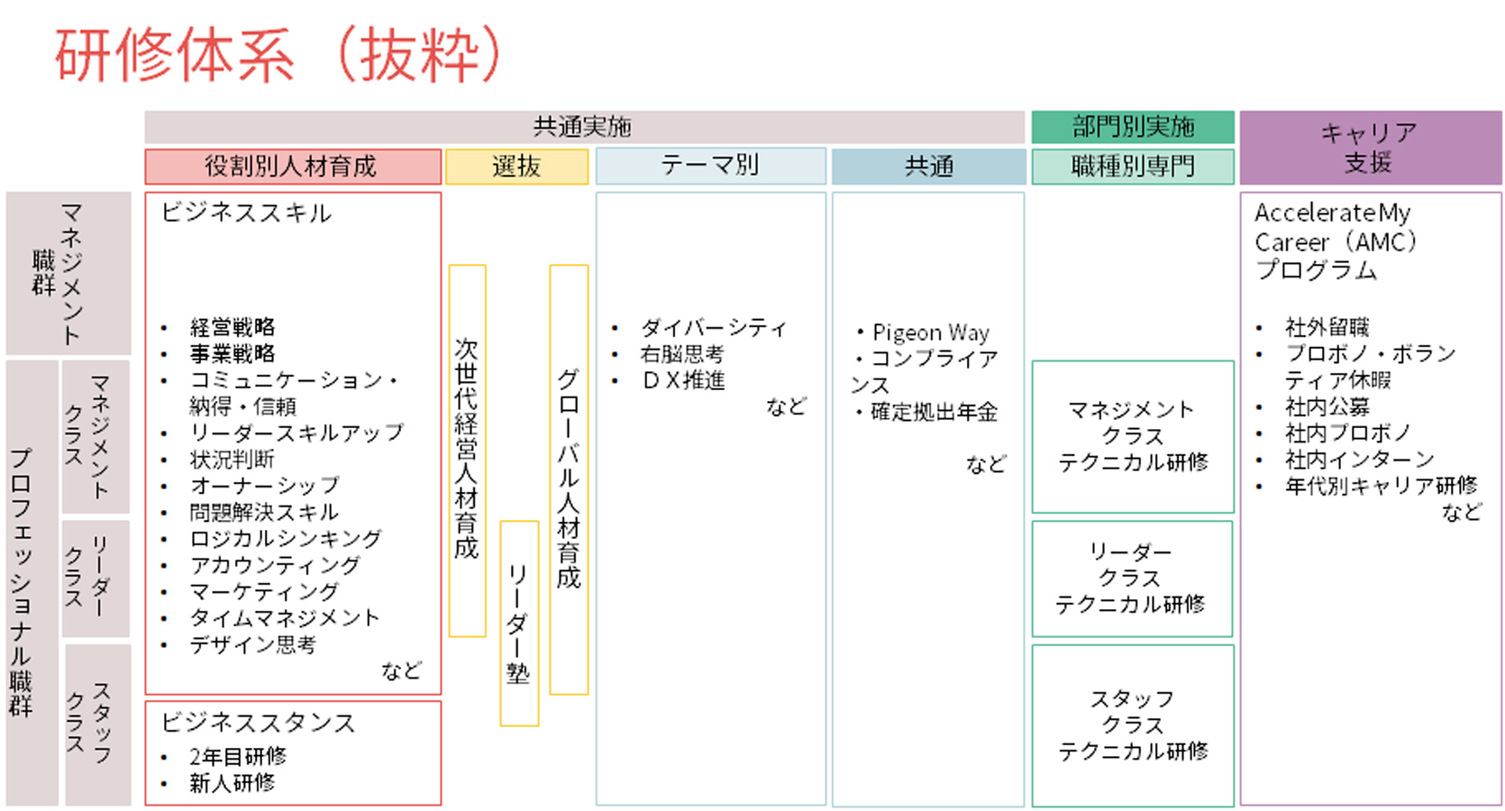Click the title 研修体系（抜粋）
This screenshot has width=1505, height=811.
click(x=278, y=56)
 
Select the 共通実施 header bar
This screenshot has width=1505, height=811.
click(x=583, y=127)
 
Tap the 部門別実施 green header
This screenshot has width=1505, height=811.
click(x=1133, y=127)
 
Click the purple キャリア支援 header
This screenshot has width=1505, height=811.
click(x=1370, y=148)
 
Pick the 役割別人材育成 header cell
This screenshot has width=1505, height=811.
click(x=292, y=167)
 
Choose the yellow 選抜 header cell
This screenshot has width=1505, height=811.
click(x=516, y=167)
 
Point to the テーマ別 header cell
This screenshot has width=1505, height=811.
click(x=710, y=166)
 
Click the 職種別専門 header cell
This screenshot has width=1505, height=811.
click(x=1133, y=167)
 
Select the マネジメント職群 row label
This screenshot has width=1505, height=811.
click(x=68, y=272)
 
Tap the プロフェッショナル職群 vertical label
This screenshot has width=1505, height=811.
click(x=22, y=582)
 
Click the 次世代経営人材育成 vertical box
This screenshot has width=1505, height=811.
click(x=467, y=450)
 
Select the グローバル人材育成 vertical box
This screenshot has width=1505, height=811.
click(x=569, y=478)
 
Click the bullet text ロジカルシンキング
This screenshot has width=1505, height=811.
click(x=286, y=539)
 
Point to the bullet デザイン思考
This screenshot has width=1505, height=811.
click(x=252, y=644)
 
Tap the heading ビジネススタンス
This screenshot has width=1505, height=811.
click(x=258, y=723)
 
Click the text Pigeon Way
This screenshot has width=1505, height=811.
click(x=930, y=333)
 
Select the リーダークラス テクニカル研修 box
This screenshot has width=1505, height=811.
click(x=1131, y=579)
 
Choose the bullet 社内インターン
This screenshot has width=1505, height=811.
click(x=1359, y=460)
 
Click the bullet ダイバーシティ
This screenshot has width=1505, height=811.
click(x=713, y=328)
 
